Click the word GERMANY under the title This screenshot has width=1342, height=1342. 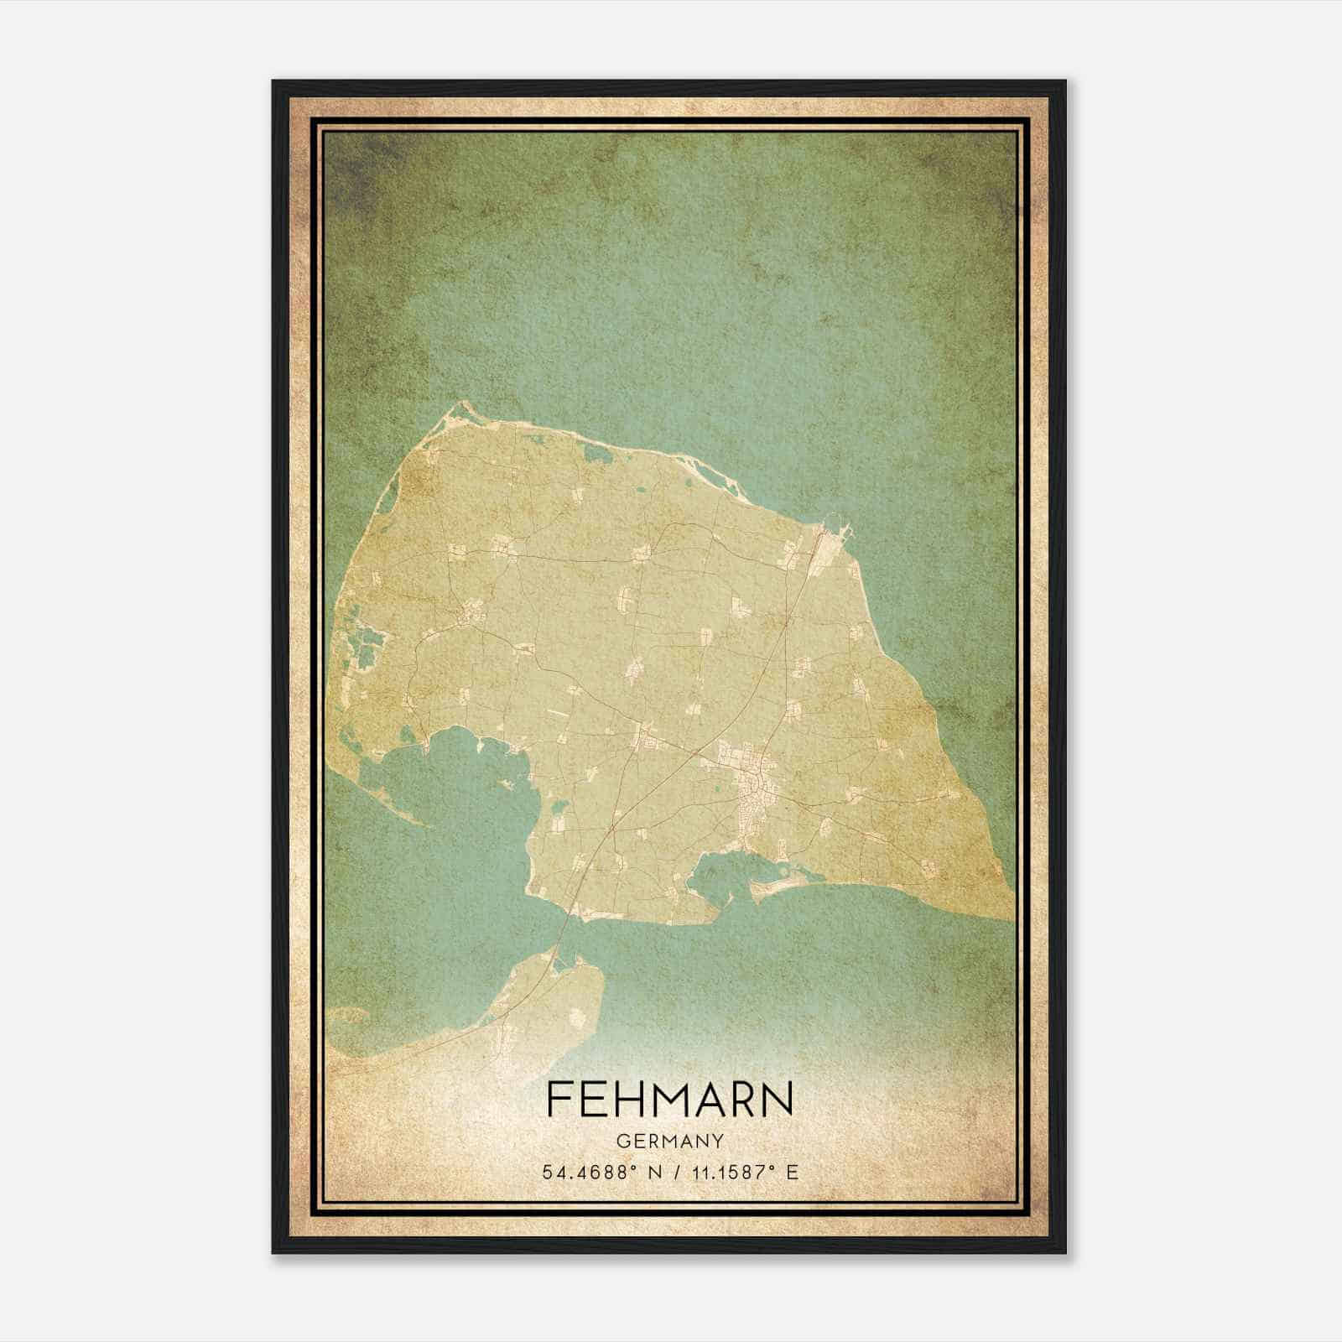(670, 1142)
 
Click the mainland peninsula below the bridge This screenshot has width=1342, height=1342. (545, 998)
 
